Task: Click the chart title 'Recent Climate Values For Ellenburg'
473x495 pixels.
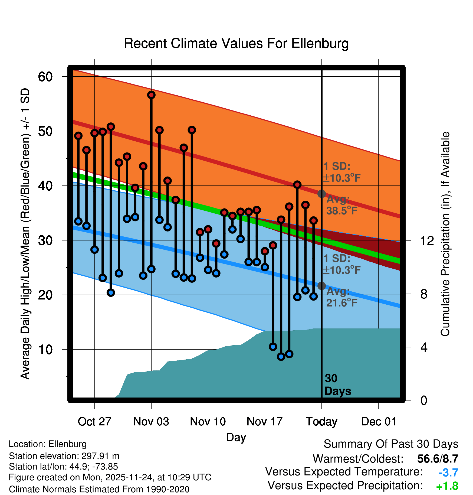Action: point(236,44)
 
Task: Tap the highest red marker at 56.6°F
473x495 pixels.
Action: point(151,95)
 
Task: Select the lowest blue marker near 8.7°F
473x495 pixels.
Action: point(281,356)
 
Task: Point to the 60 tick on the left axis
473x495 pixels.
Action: point(45,77)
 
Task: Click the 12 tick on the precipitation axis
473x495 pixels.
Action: point(427,240)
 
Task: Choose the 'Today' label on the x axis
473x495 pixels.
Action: point(321,421)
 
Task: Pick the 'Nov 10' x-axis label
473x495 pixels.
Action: point(208,421)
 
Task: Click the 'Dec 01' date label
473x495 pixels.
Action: point(379,421)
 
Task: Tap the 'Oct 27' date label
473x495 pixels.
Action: point(94,421)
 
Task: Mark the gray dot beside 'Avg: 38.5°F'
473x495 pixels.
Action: point(321,194)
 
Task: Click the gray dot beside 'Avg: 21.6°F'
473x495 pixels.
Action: point(321,286)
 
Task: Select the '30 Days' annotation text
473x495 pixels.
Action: point(337,385)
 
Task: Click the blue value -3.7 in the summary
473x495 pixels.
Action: point(448,473)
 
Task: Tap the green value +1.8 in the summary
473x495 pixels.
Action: point(447,486)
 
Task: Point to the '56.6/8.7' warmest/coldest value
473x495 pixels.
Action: point(438,459)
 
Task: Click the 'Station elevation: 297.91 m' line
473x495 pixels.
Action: point(64,456)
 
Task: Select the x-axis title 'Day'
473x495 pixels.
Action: point(236,437)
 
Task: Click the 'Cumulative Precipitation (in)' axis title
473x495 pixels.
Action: point(445,234)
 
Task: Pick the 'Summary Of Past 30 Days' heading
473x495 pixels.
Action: point(391,444)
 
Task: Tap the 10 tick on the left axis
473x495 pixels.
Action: point(45,350)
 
